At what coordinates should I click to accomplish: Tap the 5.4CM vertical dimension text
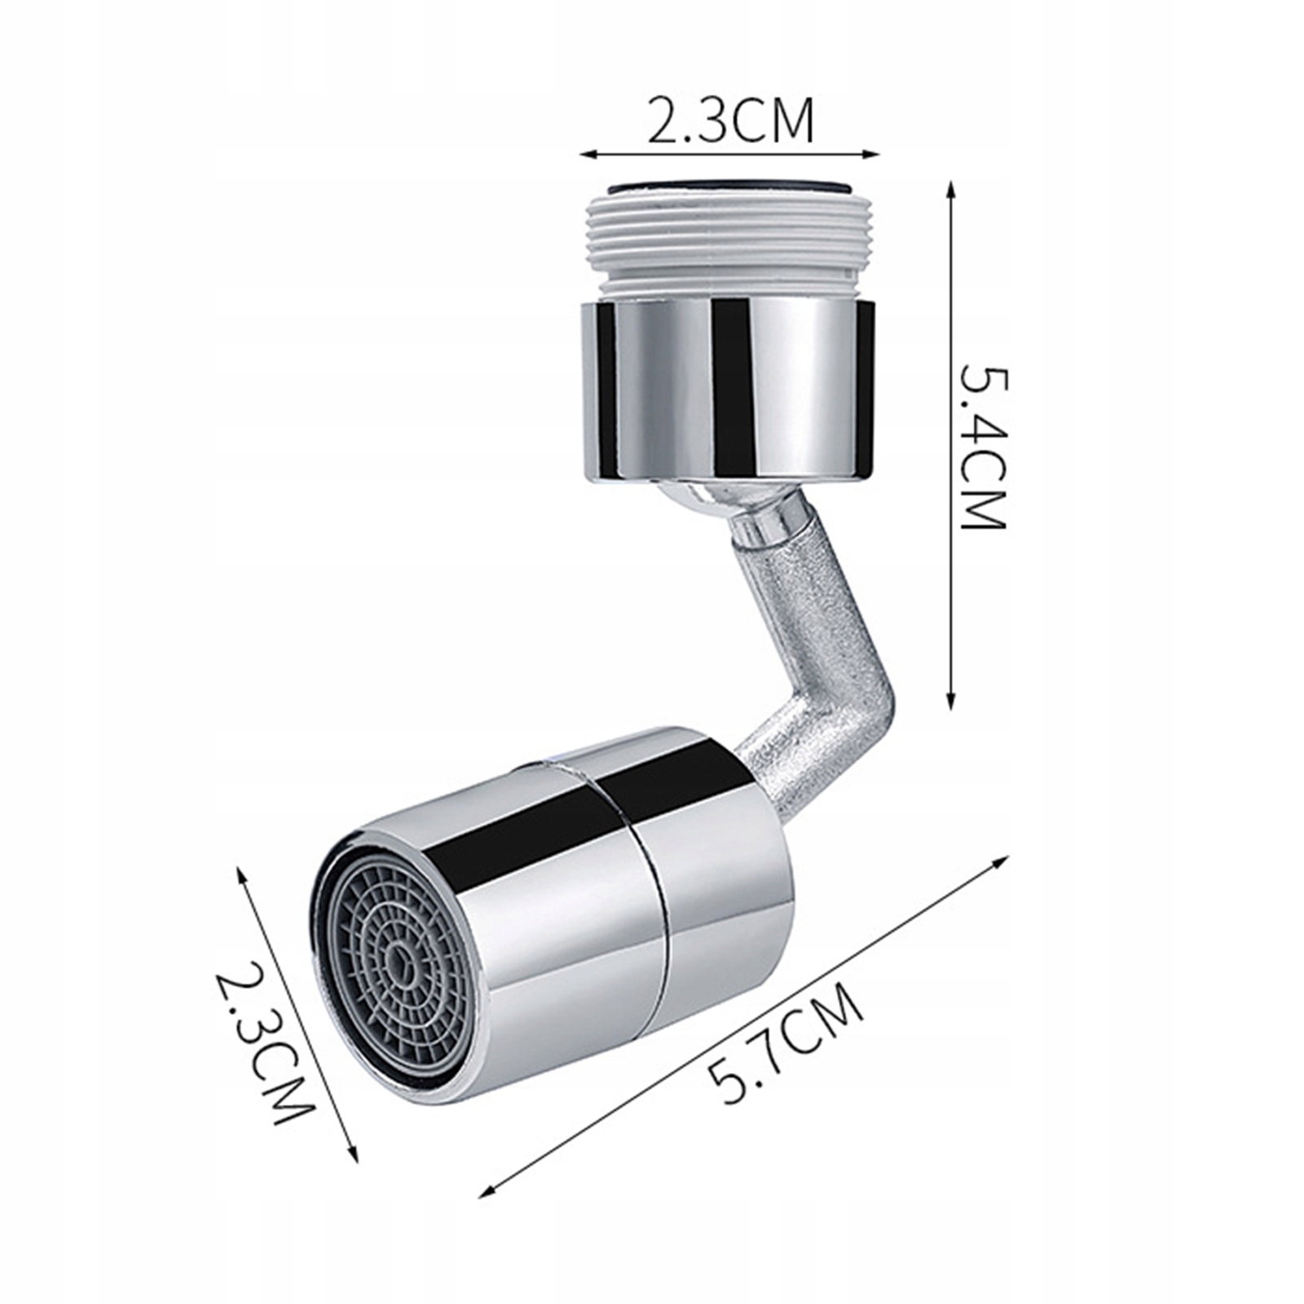point(984,447)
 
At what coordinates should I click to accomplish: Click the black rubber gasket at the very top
point(729,187)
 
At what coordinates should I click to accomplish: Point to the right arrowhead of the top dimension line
point(877,152)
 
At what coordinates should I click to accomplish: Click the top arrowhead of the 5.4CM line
point(949,187)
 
